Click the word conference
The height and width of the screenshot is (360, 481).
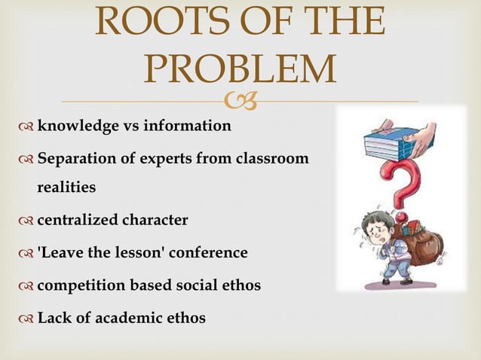pyautogui.click(x=210, y=252)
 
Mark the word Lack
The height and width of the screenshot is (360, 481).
pyautogui.click(x=53, y=319)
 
